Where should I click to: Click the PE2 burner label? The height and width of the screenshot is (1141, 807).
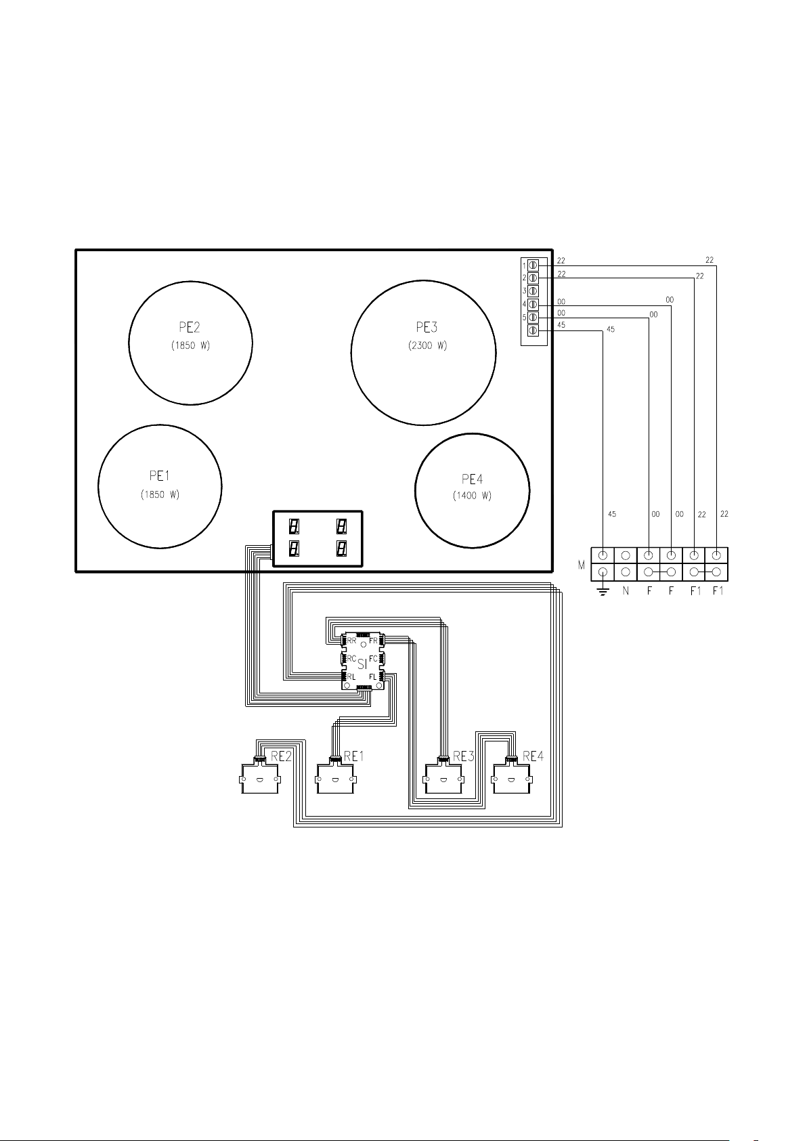pyautogui.click(x=190, y=328)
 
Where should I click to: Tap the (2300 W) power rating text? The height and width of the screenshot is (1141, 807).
pyautogui.click(x=428, y=345)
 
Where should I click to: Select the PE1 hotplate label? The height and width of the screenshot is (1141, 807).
pyautogui.click(x=159, y=476)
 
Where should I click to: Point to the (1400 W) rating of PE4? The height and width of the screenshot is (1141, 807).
pyautogui.click(x=472, y=496)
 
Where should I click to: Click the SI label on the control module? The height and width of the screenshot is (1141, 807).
pyautogui.click(x=362, y=664)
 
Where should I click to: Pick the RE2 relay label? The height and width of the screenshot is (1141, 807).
pyautogui.click(x=281, y=756)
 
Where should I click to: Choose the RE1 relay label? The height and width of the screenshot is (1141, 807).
pyautogui.click(x=354, y=756)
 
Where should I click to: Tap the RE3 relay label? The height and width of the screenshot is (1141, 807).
pyautogui.click(x=463, y=756)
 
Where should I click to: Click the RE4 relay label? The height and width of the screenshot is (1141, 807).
pyautogui.click(x=533, y=756)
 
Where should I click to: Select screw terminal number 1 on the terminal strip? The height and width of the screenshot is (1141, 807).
pyautogui.click(x=533, y=265)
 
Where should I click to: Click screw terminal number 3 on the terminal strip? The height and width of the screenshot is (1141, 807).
pyautogui.click(x=533, y=291)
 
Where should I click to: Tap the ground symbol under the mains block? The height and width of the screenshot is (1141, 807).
pyautogui.click(x=603, y=591)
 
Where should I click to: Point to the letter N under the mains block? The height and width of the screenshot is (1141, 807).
pyautogui.click(x=626, y=591)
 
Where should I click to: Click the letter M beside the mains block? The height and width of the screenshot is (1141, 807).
pyautogui.click(x=582, y=565)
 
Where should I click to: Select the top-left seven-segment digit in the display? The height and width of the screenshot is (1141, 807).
pyautogui.click(x=294, y=526)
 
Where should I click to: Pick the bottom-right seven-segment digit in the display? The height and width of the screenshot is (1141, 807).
pyautogui.click(x=342, y=548)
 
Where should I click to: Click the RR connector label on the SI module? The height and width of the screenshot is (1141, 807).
pyautogui.click(x=351, y=641)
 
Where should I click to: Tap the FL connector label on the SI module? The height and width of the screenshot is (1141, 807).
pyautogui.click(x=373, y=677)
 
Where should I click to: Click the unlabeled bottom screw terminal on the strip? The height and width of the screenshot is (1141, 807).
pyautogui.click(x=533, y=330)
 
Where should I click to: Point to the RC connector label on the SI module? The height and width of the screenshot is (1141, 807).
pyautogui.click(x=351, y=659)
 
